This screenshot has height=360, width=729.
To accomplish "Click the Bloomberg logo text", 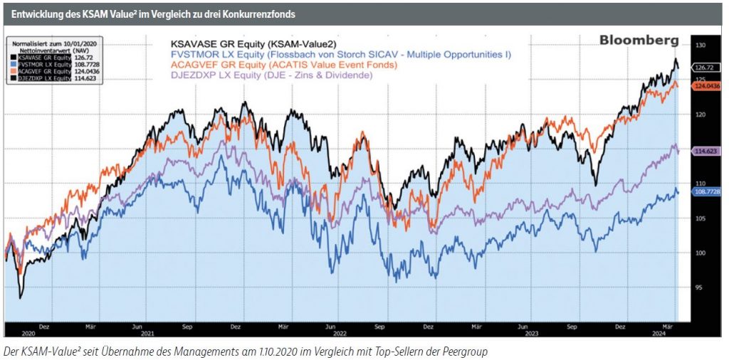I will tap(639, 41).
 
